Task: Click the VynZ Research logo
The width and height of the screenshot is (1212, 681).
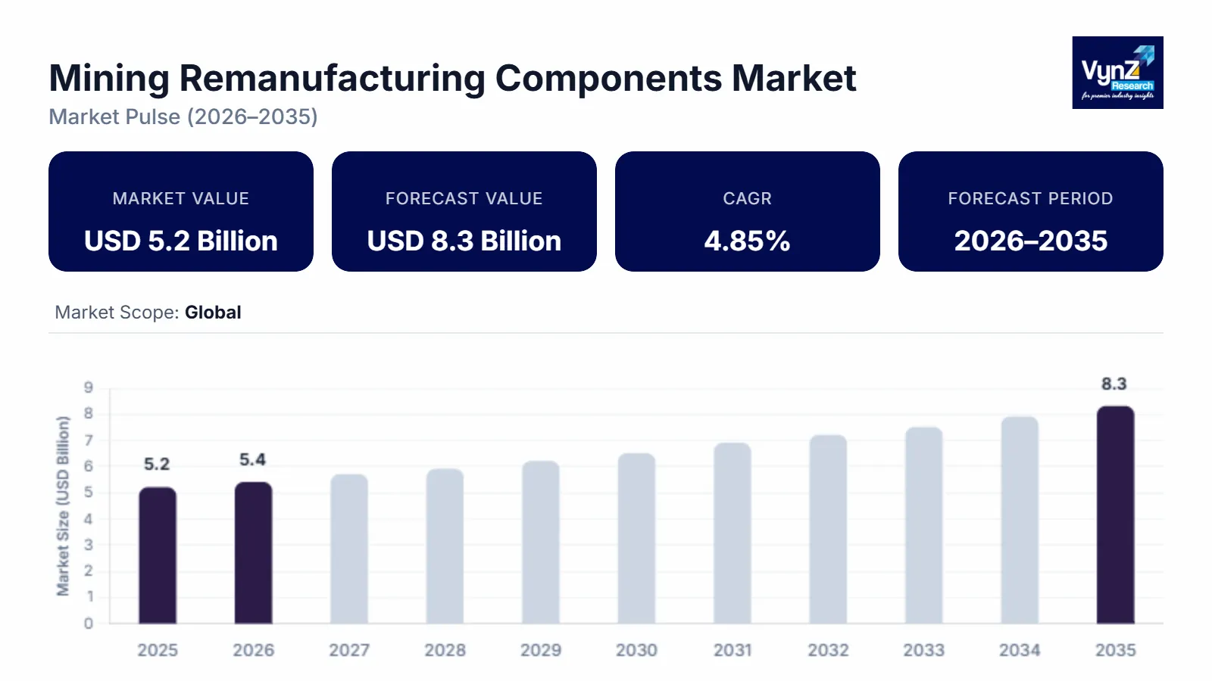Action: coord(1117,73)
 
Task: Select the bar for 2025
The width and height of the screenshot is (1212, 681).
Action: coord(158,555)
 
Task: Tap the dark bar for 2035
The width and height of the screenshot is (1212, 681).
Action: coord(1115,515)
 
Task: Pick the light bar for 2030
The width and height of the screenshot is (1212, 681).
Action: coord(636,538)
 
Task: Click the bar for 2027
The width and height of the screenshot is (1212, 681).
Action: coord(349,549)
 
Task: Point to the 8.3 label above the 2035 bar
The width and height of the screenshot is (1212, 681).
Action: coord(1114,384)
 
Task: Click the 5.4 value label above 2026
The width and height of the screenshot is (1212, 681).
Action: coord(252,460)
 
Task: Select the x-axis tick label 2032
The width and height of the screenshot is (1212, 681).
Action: coord(828,650)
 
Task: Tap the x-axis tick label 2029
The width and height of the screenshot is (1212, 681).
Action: coord(541,650)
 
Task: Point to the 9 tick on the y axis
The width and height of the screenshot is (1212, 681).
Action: coord(89,387)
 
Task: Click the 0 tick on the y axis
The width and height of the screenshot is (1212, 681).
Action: coord(89,623)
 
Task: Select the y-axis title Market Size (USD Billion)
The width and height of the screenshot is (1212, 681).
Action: coord(63,505)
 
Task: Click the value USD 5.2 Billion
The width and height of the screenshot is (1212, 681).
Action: coord(181,241)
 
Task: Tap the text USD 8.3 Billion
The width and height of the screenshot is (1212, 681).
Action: coord(464,241)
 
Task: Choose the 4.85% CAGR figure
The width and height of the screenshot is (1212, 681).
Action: coord(747,241)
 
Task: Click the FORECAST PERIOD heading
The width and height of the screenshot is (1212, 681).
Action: coord(1030,198)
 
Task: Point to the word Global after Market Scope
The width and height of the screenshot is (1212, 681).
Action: coord(213,313)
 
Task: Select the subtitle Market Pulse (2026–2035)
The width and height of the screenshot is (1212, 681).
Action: coord(183,117)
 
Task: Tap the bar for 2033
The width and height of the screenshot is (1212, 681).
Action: coord(923,525)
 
